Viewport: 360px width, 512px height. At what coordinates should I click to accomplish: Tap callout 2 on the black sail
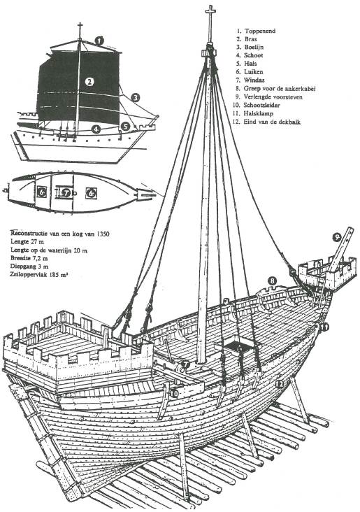(89, 81)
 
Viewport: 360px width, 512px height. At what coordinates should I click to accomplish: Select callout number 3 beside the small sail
(136, 97)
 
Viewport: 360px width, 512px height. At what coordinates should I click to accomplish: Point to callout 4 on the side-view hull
(96, 129)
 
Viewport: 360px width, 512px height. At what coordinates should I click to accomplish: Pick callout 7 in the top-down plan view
(66, 192)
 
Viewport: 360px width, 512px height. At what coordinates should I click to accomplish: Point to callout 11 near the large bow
(323, 326)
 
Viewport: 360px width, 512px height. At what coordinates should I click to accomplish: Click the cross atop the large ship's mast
(209, 12)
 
